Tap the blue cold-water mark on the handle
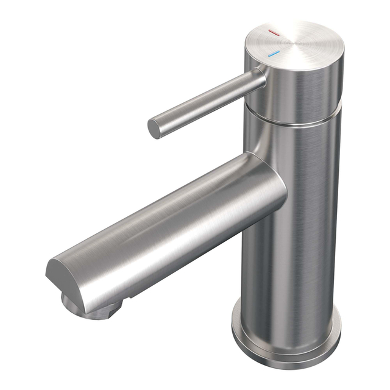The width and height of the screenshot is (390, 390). click(x=273, y=55)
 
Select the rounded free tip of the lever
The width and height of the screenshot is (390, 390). click(x=155, y=127)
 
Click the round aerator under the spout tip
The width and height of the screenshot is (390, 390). click(x=91, y=308)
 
